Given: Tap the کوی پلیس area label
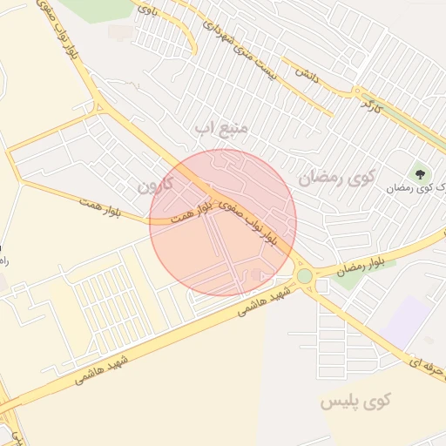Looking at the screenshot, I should click(355, 402).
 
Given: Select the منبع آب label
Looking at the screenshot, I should click(221, 129).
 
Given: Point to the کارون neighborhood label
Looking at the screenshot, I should click(157, 185).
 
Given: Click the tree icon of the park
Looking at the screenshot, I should click(421, 174).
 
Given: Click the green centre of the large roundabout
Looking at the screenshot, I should click(304, 276).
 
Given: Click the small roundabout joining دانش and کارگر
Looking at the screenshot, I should click(357, 91).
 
